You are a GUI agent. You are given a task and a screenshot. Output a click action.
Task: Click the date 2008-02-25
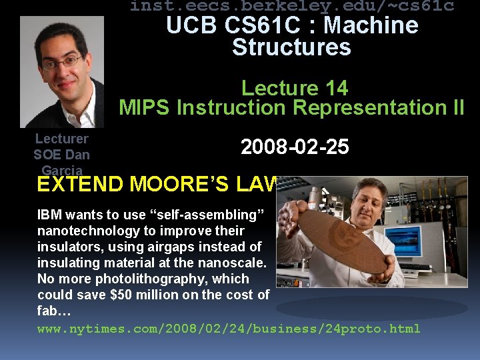point(295,147)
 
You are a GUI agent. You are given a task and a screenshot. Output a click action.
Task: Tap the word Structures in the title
point(291,47)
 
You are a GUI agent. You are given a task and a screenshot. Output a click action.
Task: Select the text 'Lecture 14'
point(295,88)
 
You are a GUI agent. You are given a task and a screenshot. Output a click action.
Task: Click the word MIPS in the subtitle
point(145,107)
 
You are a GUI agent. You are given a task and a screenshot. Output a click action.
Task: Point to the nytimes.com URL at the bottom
point(229,329)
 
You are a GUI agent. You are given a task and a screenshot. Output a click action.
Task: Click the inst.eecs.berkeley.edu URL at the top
point(292,7)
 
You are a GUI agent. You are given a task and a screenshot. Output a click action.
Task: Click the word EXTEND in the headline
point(80,185)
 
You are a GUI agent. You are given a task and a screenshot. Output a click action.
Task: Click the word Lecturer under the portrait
point(61,139)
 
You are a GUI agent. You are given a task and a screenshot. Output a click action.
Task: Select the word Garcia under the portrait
point(61,171)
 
